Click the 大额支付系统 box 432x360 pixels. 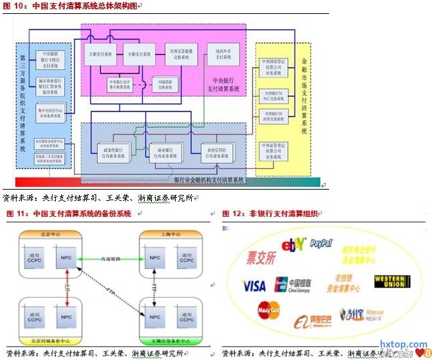(x=100, y=54)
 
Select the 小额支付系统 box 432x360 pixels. (x=137, y=54)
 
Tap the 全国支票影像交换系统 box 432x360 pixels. (x=181, y=54)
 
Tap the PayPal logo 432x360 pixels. (x=321, y=243)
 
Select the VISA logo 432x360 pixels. (x=254, y=286)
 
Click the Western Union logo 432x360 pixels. (x=396, y=281)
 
